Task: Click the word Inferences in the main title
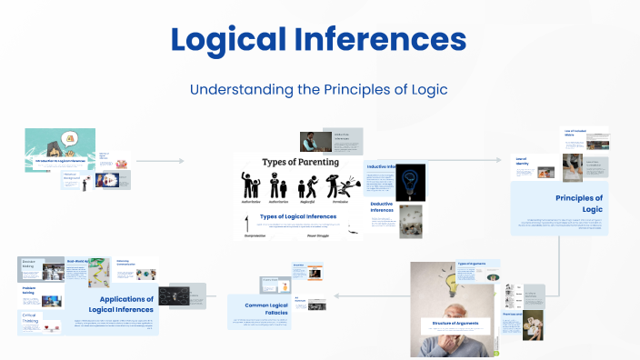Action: [382, 40]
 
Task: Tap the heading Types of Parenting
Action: [300, 162]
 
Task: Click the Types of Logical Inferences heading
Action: [298, 216]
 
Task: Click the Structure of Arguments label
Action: [455, 323]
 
